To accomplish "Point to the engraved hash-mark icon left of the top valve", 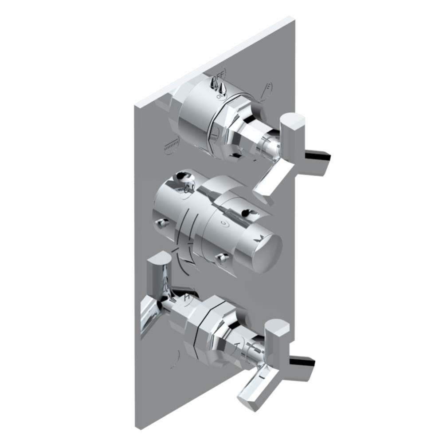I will pyautogui.click(x=171, y=145).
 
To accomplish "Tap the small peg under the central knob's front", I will pyautogui.click(x=221, y=257).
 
